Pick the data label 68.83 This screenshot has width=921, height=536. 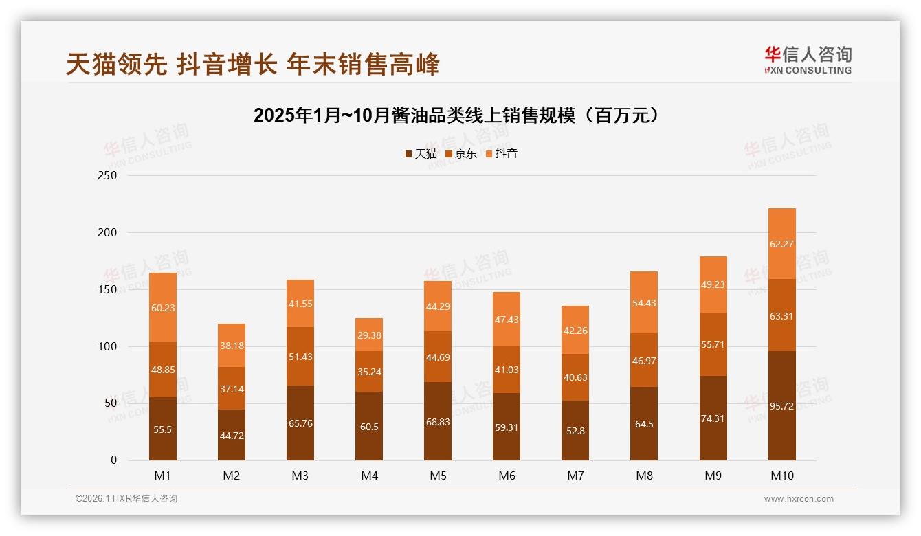(x=438, y=422)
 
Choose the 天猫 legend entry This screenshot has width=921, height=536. (x=421, y=154)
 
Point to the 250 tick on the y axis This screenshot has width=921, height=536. (x=109, y=176)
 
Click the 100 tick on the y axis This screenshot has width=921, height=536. (x=109, y=346)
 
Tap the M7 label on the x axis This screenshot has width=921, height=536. (x=575, y=476)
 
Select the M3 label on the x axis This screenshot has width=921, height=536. (x=300, y=476)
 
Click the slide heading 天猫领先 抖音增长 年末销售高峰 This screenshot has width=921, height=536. (x=252, y=65)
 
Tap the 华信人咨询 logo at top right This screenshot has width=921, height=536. (x=808, y=60)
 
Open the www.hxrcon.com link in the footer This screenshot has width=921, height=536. (x=799, y=499)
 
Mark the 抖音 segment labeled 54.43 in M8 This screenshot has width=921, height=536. (x=644, y=302)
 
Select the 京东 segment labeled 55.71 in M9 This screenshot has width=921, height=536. (x=713, y=344)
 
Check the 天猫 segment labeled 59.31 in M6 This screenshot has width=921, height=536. (x=507, y=427)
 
